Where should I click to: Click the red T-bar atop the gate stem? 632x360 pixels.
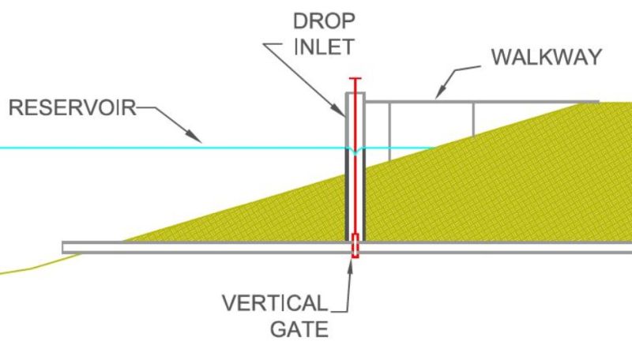[355, 79]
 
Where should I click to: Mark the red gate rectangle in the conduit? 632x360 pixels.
[355, 246]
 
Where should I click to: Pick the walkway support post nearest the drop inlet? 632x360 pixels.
[389, 130]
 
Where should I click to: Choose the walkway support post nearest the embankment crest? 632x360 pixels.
[473, 118]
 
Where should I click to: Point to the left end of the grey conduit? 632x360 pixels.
[65, 247]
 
